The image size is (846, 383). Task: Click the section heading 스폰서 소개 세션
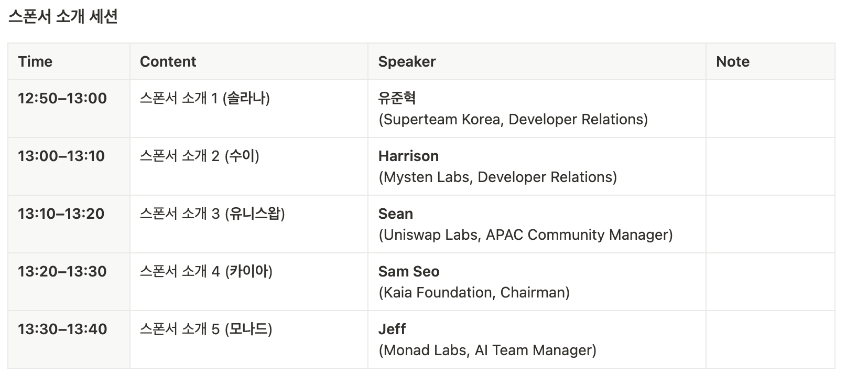pos(63,17)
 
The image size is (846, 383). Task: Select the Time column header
pos(35,61)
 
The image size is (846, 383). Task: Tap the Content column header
pos(168,61)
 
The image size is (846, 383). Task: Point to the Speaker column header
pos(407,61)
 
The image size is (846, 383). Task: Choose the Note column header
pos(733,61)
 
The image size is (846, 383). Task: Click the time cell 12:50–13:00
pos(62,98)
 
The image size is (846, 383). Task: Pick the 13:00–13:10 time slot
pos(61,156)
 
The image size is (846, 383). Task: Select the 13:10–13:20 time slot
pos(61,214)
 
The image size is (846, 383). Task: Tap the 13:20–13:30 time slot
pos(62,271)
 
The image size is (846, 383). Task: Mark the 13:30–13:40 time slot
pos(62,329)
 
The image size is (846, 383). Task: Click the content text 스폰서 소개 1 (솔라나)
pos(205,98)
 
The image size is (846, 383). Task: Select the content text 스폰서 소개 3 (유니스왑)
pos(213,214)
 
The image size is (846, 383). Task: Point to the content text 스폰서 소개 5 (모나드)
pos(206,329)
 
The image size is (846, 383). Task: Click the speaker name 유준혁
pos(397,98)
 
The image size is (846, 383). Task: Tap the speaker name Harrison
pos(409,156)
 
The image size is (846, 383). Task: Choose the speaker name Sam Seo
pos(409,271)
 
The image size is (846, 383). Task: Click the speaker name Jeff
pos(392,329)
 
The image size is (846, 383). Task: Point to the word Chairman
pos(532,293)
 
